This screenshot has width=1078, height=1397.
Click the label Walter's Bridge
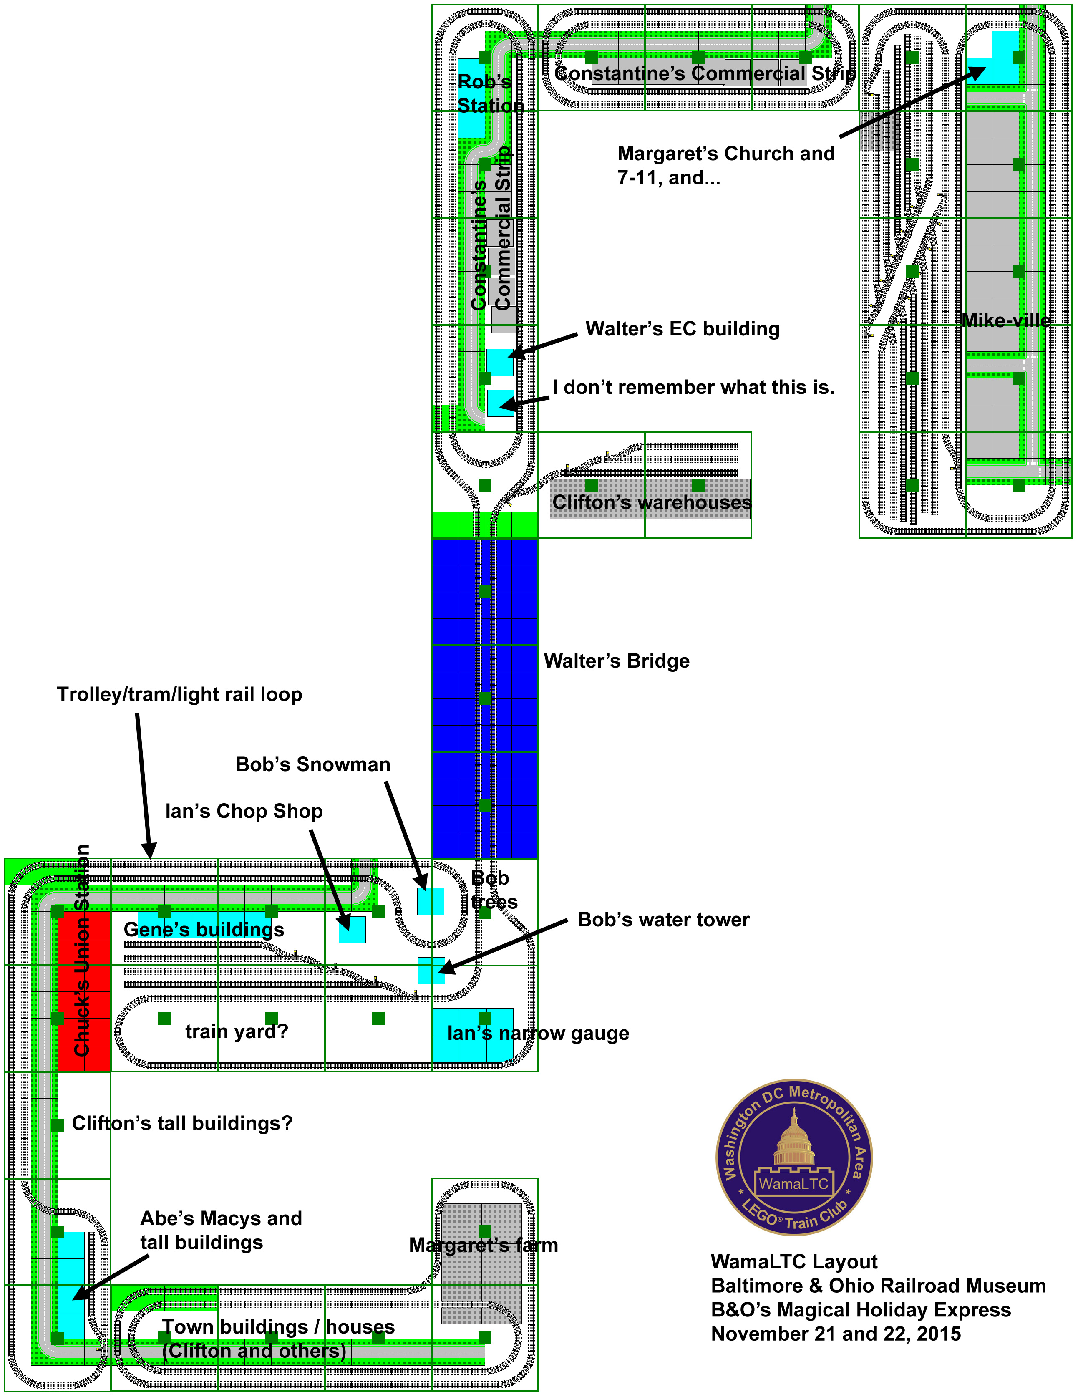(x=616, y=661)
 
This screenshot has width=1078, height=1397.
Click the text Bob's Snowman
(x=312, y=764)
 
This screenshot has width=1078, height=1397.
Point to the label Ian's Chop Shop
(x=244, y=811)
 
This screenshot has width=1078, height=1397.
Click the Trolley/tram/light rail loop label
(x=179, y=695)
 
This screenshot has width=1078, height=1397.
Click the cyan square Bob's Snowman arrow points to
(x=430, y=901)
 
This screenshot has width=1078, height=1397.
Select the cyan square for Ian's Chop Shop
(x=352, y=929)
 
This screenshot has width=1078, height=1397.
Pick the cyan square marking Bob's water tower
(x=431, y=971)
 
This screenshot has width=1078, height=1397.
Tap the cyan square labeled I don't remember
(x=501, y=403)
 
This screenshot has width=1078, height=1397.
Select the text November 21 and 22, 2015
(x=836, y=1334)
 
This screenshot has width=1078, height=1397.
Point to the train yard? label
(x=237, y=1031)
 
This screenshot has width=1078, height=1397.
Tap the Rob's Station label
(x=491, y=93)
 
